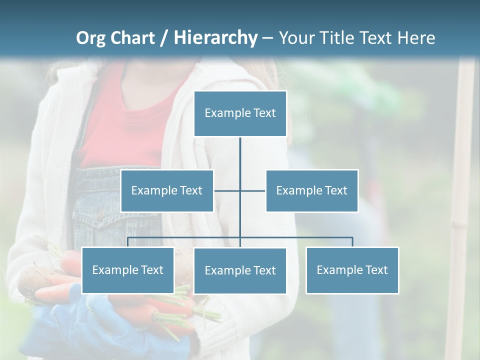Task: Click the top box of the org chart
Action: coord(240,113)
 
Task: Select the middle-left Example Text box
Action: coord(167,190)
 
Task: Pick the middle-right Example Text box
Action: coord(311,190)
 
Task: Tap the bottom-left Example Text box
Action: coord(127,270)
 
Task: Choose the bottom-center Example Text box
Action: coord(240,270)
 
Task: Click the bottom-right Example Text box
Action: coord(352,270)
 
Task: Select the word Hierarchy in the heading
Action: coord(215,38)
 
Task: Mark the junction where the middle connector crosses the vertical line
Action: coord(240,190)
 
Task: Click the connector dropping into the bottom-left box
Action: coord(127,242)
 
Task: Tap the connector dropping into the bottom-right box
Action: coord(352,242)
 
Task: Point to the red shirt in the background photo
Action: coord(125,125)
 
